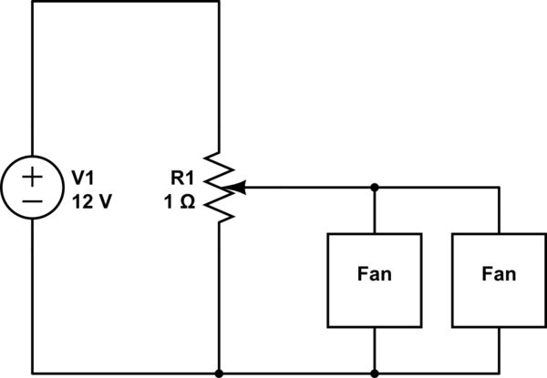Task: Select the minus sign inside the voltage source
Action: click(32, 199)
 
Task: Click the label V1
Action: click(84, 176)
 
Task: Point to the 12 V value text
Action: click(91, 201)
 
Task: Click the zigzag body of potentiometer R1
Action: click(220, 187)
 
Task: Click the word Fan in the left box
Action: click(375, 273)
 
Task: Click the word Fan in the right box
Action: click(499, 273)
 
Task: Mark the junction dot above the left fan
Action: click(375, 188)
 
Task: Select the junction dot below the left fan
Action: click(375, 373)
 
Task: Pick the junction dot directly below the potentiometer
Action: click(220, 373)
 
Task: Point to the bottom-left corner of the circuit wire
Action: click(32, 373)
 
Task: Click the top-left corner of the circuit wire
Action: click(32, 2)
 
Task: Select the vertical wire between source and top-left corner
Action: click(32, 82)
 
